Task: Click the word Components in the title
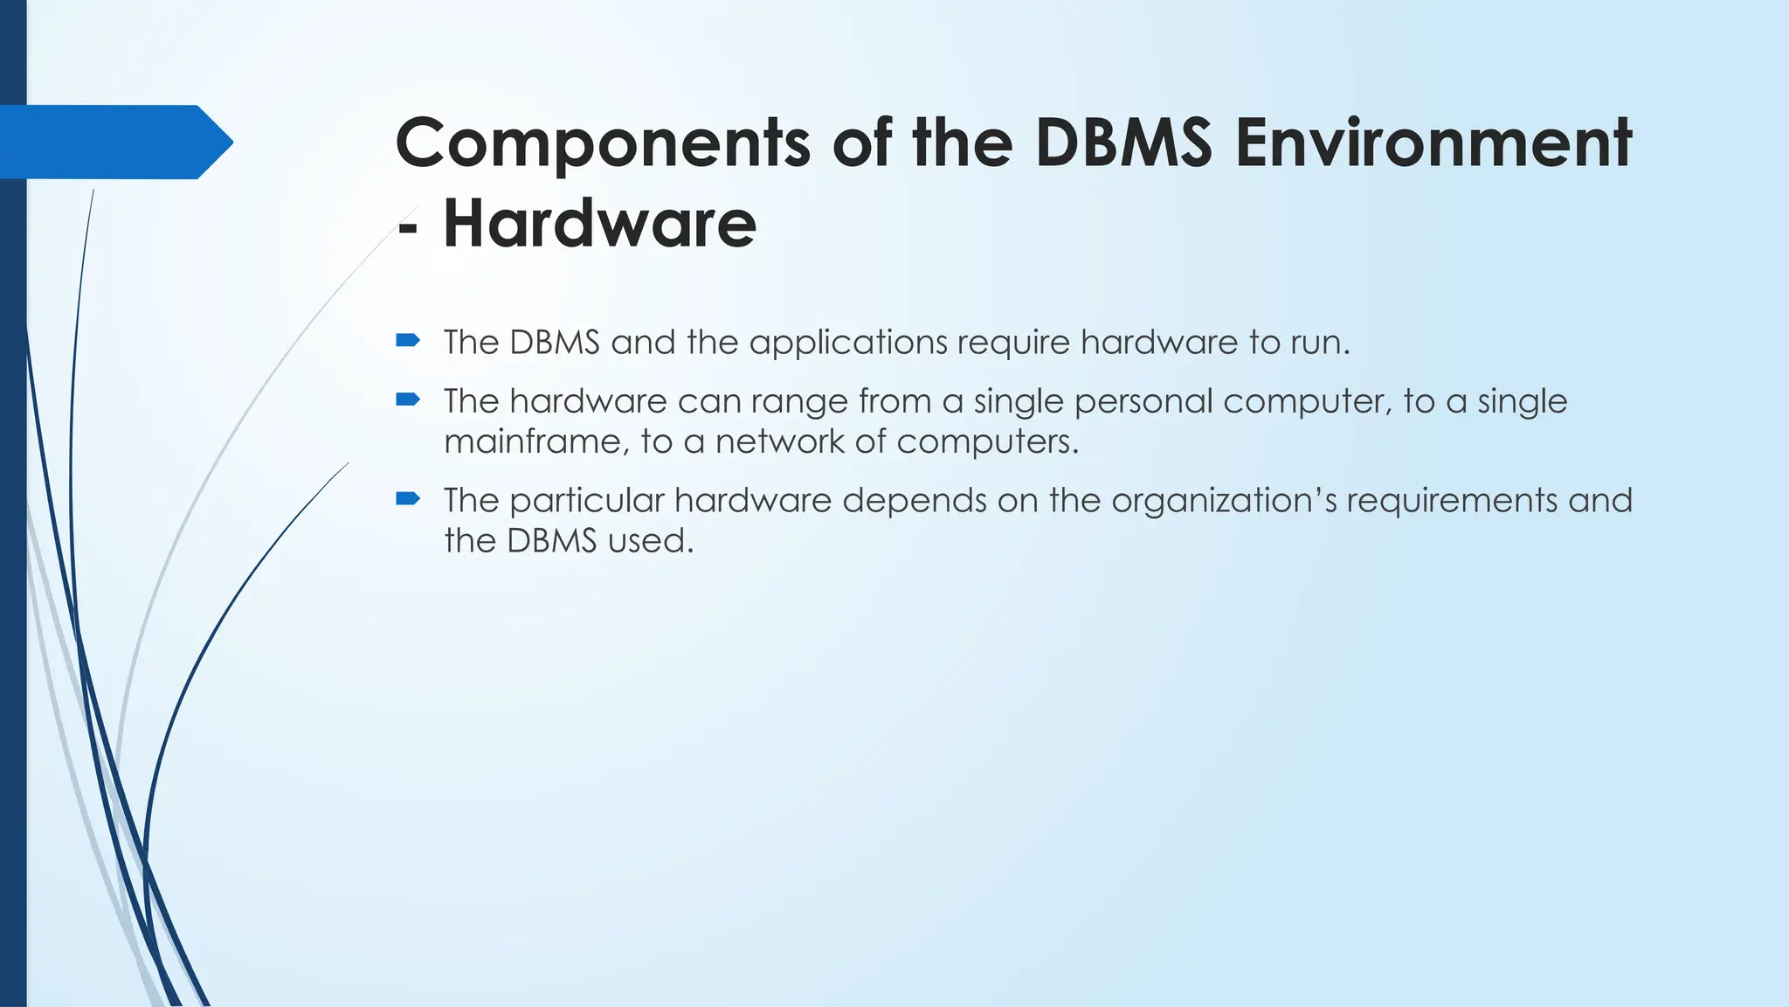603,144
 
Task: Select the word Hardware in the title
599,224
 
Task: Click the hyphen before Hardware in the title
407,227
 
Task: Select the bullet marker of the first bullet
408,341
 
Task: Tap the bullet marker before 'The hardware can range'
408,400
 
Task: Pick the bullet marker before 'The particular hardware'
408,499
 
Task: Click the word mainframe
535,441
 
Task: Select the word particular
586,501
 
